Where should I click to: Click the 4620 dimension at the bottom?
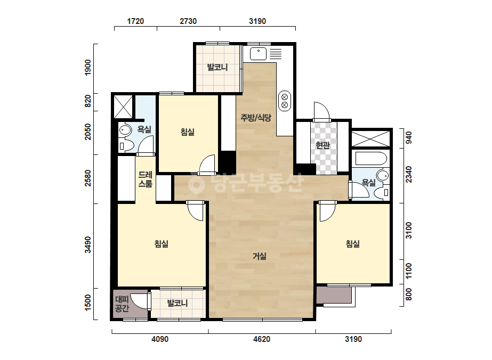click(261, 339)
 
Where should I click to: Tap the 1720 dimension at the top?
click(135, 21)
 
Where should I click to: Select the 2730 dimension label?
click(188, 21)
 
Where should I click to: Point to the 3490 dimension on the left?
click(88, 244)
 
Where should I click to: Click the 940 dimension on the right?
click(408, 138)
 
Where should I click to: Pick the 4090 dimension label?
click(160, 339)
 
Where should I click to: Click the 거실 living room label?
click(260, 256)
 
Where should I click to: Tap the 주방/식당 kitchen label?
click(256, 118)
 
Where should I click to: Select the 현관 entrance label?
click(323, 145)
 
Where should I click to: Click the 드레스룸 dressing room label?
click(146, 179)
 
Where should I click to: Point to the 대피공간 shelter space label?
click(122, 304)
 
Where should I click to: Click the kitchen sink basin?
click(258, 54)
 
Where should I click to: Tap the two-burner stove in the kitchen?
click(285, 101)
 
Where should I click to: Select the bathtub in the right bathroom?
click(370, 159)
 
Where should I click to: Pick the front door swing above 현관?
click(321, 111)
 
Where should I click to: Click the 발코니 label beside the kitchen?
click(217, 67)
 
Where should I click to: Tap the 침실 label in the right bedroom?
click(353, 244)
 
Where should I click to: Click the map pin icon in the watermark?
click(196, 183)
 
